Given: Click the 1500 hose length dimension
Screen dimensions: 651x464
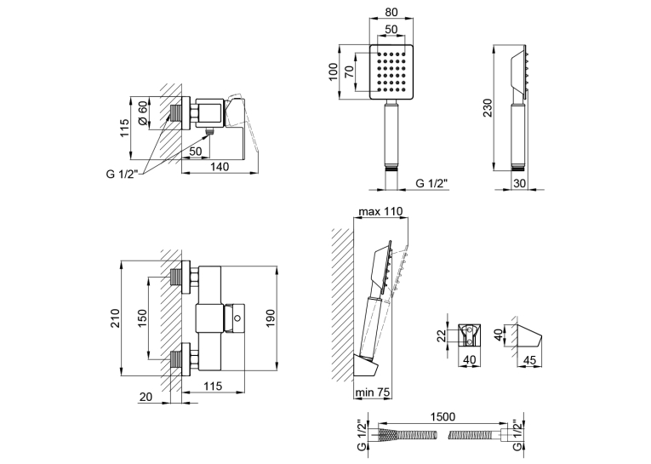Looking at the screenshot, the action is (x=443, y=416).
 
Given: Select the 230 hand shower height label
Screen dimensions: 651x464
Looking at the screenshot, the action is (x=488, y=107).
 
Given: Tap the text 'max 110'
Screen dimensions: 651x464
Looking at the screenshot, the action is (x=380, y=211).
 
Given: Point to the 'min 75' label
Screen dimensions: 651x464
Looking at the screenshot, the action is (x=373, y=392).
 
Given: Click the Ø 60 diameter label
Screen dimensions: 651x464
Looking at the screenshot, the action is (x=142, y=113).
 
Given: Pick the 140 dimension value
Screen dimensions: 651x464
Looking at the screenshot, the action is (x=220, y=167).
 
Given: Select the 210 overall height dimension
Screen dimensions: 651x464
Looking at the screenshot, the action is (x=115, y=318).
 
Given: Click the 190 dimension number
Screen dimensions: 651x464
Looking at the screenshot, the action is (x=271, y=318).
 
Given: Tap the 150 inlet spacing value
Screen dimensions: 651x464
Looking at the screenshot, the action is (x=142, y=318).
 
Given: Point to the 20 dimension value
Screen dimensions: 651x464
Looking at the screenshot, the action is (x=146, y=397).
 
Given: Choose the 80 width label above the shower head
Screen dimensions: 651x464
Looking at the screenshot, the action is (x=391, y=12).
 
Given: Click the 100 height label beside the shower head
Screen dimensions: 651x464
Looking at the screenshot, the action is (x=333, y=72).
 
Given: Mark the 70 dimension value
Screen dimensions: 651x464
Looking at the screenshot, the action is (x=350, y=72).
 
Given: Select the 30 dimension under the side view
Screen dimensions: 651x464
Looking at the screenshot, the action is (x=519, y=183).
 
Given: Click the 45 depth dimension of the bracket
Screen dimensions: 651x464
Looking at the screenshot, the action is (x=530, y=360).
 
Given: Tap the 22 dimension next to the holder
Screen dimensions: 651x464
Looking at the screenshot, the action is (x=442, y=335).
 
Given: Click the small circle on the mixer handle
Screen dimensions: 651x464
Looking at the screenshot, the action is (x=237, y=318).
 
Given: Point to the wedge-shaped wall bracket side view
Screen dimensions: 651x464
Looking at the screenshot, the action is (x=528, y=335).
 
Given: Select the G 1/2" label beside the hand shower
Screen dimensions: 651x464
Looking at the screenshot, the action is (x=432, y=183).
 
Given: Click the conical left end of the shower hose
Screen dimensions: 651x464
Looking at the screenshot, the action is (x=388, y=435).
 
